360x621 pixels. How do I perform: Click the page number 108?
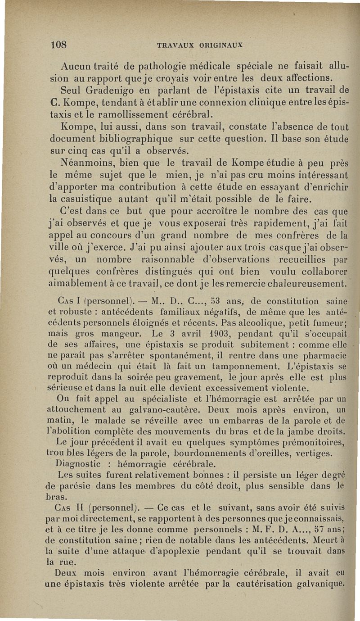(x=58, y=45)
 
